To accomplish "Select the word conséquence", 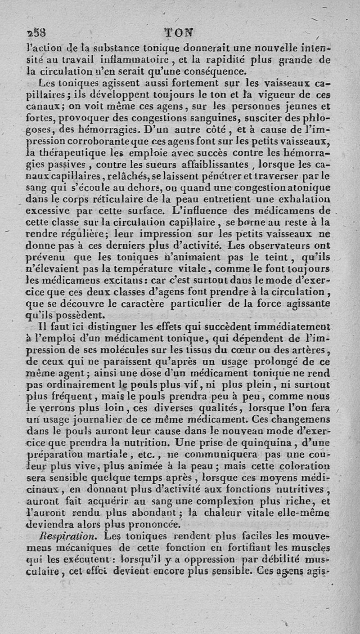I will point(216,71).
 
